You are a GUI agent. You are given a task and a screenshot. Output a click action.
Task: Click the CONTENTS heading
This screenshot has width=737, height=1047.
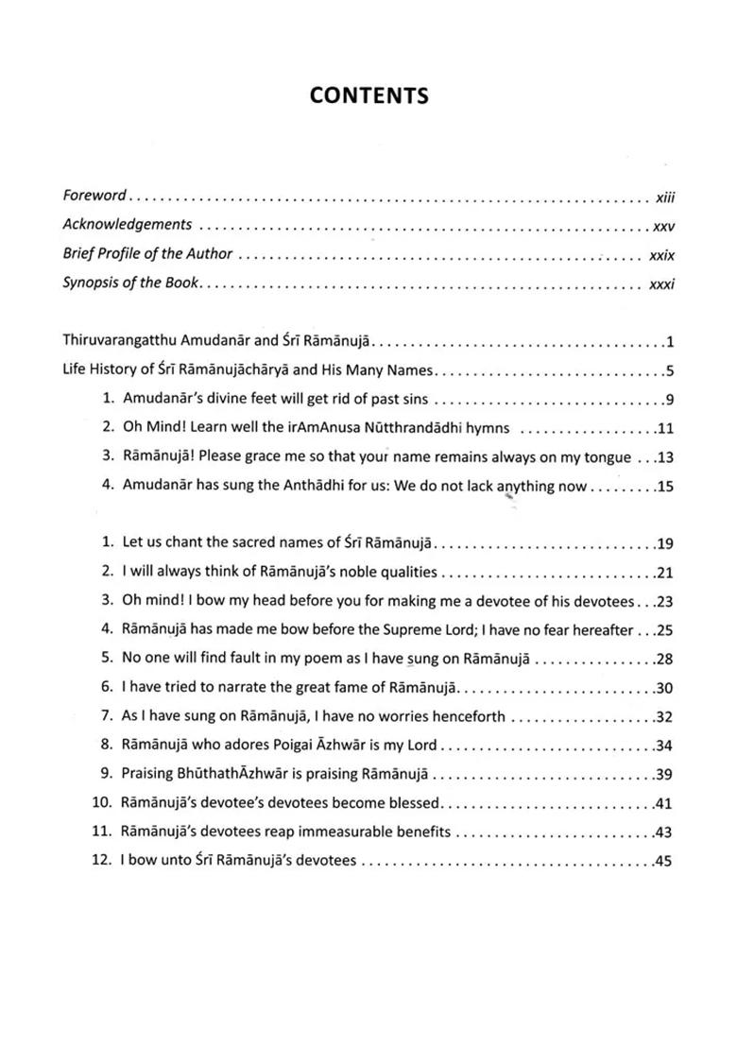click(x=368, y=95)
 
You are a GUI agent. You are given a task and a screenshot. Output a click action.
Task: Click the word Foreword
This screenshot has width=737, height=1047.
click(x=94, y=196)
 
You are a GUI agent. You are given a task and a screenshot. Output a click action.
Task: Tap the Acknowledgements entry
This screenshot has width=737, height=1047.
click(x=127, y=225)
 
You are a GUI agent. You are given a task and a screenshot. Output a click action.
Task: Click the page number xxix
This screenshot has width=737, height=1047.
click(x=661, y=255)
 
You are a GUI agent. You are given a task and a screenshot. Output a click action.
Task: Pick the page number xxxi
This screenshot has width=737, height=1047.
click(x=661, y=284)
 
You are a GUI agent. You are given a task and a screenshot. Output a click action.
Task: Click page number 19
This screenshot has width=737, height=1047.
click(x=663, y=543)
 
